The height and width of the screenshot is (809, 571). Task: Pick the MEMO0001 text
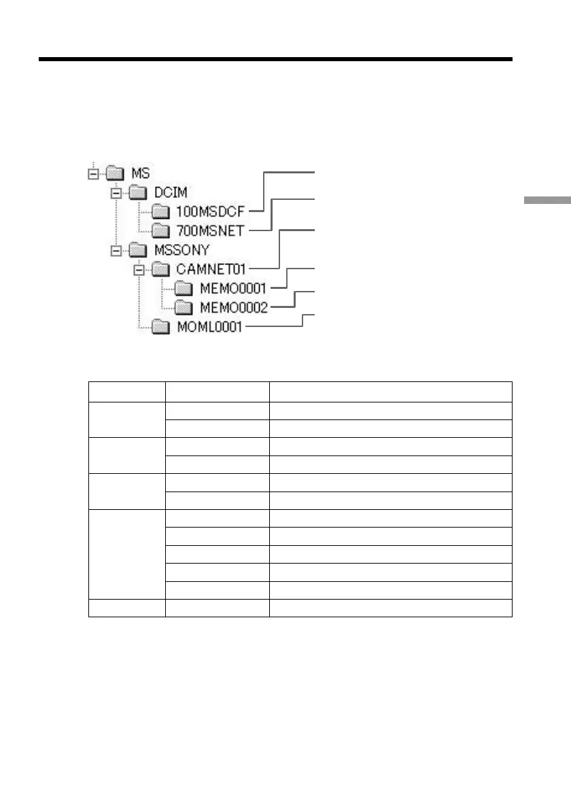pyautogui.click(x=233, y=289)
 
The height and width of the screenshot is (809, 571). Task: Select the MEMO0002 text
pyautogui.click(x=233, y=308)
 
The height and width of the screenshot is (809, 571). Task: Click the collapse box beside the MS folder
pyautogui.click(x=92, y=175)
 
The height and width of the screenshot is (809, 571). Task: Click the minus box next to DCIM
pyautogui.click(x=116, y=194)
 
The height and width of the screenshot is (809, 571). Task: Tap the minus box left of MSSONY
pyautogui.click(x=116, y=250)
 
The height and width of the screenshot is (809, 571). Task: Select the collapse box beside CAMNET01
pyautogui.click(x=140, y=270)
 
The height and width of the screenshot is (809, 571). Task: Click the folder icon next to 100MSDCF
pyautogui.click(x=161, y=212)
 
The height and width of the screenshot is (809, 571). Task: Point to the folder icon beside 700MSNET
pyautogui.click(x=161, y=231)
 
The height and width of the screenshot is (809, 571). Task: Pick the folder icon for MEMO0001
pyautogui.click(x=184, y=289)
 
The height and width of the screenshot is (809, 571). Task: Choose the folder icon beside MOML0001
pyautogui.click(x=161, y=327)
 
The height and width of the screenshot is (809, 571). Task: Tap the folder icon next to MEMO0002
pyautogui.click(x=184, y=308)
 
